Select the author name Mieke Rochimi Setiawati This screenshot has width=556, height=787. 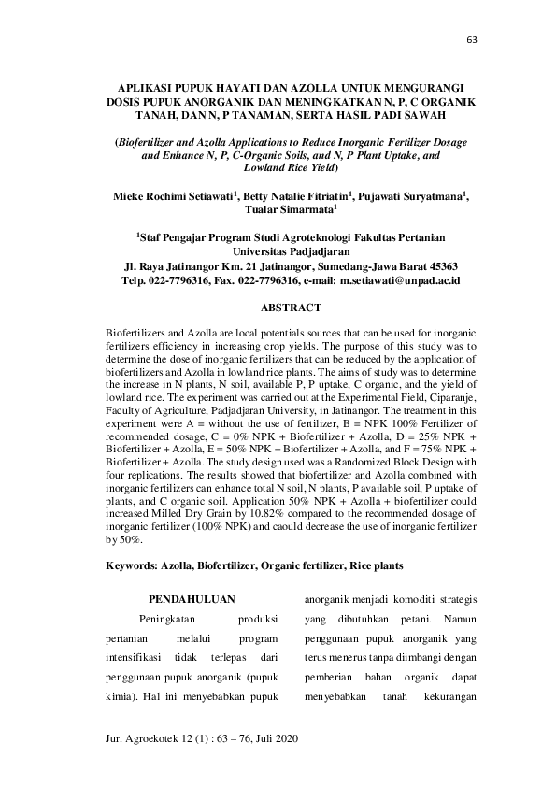172,197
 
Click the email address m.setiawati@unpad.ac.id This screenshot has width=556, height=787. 400,279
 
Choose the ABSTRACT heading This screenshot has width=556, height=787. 291,308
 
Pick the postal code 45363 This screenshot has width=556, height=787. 437,265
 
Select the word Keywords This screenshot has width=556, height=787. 133,566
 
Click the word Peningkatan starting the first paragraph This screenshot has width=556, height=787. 168,619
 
